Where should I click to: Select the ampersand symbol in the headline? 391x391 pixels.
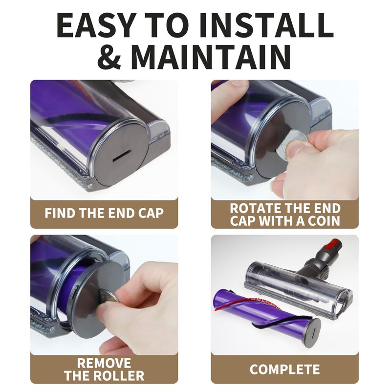coord(109,57)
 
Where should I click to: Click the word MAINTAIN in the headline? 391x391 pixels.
coord(211,57)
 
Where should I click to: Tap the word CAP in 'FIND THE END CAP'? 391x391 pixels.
coord(151,213)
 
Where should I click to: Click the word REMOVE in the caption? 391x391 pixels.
coord(104,363)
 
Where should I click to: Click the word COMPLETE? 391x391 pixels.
coord(284,369)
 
